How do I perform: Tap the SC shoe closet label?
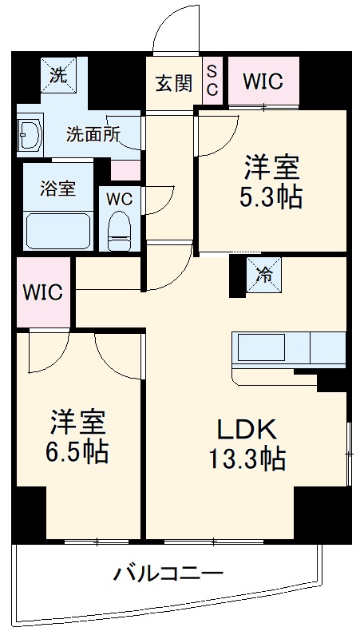coord(213,81)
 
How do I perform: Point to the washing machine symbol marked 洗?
coord(57,77)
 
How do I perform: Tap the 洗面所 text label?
coord(93,133)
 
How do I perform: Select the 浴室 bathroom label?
coord(58,189)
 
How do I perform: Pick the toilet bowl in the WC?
coord(121,228)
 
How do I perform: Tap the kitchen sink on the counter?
coord(259,348)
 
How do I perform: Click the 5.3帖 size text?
coord(271,196)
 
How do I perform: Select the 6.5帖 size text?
coord(79,452)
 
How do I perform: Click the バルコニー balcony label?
coord(168,572)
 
